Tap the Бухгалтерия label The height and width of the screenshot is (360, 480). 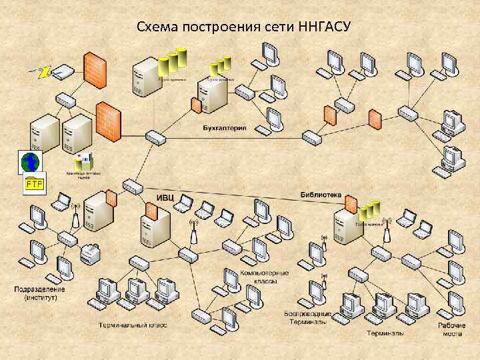click(x=224, y=127)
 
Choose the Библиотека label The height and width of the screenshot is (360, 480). click(x=321, y=195)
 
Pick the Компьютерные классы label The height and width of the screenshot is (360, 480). click(x=265, y=277)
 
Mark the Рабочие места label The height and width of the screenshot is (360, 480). click(x=451, y=329)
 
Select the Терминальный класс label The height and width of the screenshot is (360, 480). click(x=132, y=325)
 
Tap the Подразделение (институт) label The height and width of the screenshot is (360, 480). click(x=40, y=293)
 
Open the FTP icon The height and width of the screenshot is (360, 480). click(x=33, y=184)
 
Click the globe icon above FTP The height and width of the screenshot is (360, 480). click(x=30, y=161)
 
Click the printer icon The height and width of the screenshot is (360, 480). click(x=89, y=253)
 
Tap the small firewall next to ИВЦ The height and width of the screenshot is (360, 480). click(x=151, y=213)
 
